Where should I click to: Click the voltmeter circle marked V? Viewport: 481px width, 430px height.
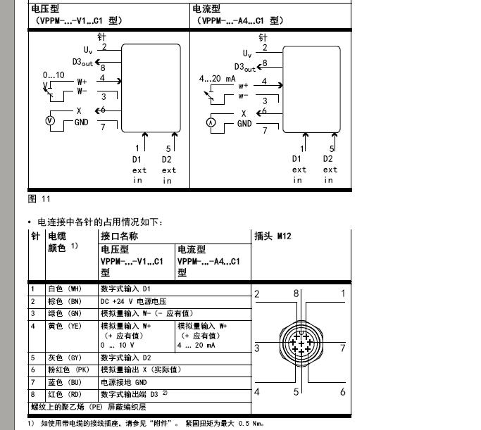tap(50, 120)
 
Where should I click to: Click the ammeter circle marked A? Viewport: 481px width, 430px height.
tap(211, 122)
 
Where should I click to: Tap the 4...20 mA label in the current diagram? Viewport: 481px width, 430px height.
tap(217, 79)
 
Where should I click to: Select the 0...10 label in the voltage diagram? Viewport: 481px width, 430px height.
tap(54, 75)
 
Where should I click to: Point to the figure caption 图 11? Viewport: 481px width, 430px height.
tap(39, 199)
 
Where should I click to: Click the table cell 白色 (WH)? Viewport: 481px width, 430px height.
tap(65, 289)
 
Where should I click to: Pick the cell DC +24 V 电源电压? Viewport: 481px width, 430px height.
tap(133, 301)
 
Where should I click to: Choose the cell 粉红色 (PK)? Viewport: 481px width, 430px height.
tap(69, 369)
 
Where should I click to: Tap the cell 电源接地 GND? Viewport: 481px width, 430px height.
tap(124, 382)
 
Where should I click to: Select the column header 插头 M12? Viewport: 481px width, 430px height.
tap(273, 236)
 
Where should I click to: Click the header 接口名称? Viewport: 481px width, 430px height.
tap(119, 236)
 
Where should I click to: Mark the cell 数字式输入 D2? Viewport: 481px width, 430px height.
tap(126, 358)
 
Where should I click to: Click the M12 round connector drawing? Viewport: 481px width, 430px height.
tap(301, 343)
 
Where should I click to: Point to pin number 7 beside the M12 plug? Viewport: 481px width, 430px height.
tap(343, 348)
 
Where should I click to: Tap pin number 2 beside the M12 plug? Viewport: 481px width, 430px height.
tap(257, 294)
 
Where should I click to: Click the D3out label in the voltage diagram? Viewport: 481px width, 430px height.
tap(82, 62)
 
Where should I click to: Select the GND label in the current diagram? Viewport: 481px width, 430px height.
tap(244, 124)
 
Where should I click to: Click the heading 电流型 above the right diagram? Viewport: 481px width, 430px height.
tap(206, 9)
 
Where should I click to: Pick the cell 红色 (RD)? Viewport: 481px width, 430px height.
tap(65, 394)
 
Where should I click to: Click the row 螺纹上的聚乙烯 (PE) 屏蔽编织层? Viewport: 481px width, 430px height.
tap(89, 407)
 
